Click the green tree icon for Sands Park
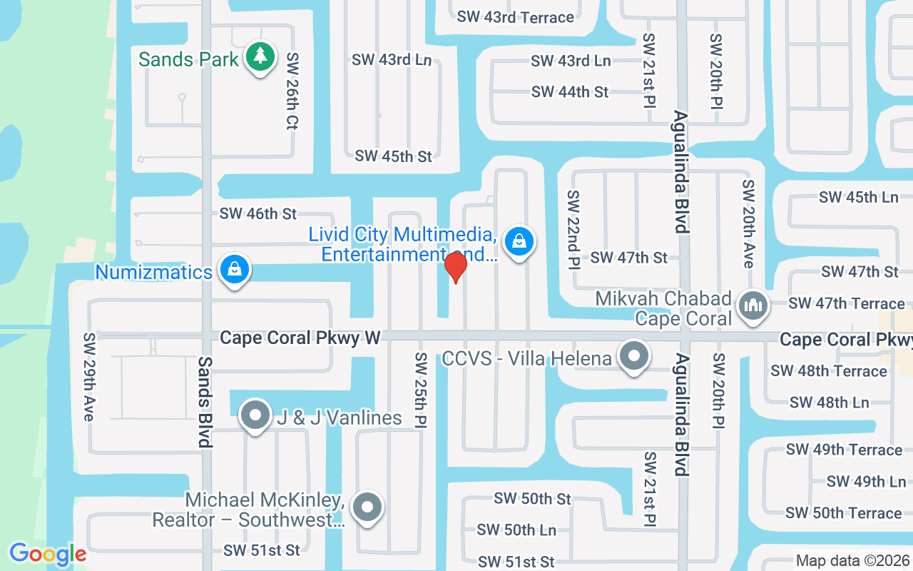tap(260, 56)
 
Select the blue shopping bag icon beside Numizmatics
tap(234, 270)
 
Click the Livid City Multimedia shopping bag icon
tap(520, 241)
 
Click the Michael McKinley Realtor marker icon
tap(367, 507)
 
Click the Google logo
tap(48, 553)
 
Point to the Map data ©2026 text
tap(852, 561)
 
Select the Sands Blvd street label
tap(205, 402)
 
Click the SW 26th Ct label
tap(291, 91)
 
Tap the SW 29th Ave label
tap(89, 376)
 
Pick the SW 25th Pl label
tap(420, 390)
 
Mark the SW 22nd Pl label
tap(573, 229)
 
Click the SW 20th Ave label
tap(748, 223)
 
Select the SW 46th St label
tap(258, 213)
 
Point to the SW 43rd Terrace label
tap(515, 17)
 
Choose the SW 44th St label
tap(570, 92)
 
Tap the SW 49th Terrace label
tap(844, 450)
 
